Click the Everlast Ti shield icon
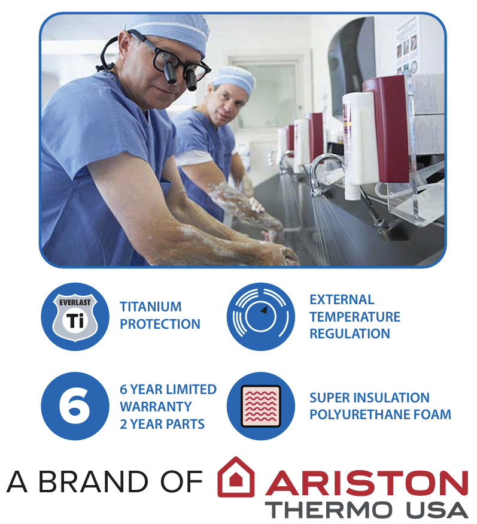click(75, 316)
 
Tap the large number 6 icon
click(75, 406)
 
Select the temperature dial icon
click(261, 316)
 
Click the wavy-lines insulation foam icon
click(261, 406)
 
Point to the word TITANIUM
click(151, 307)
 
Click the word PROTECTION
click(160, 324)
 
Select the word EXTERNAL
click(342, 300)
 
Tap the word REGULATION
click(350, 334)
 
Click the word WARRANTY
click(156, 407)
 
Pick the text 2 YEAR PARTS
click(162, 424)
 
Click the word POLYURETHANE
click(360, 415)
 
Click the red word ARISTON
click(367, 483)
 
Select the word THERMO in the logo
click(329, 510)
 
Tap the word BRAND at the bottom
click(93, 482)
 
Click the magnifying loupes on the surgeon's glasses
click(180, 75)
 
